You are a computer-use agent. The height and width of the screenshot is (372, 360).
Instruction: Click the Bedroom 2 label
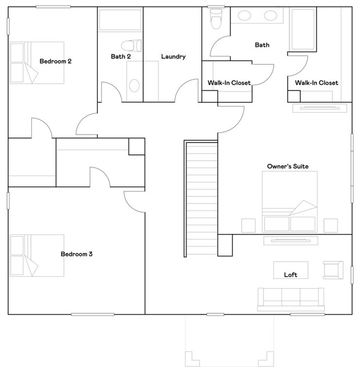[x=55, y=61]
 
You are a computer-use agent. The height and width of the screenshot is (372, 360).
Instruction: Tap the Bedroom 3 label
[x=77, y=254]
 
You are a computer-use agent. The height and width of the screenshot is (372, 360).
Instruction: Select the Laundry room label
[x=173, y=56]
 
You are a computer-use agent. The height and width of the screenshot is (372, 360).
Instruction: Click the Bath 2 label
[x=120, y=56]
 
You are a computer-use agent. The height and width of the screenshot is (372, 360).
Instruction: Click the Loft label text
[x=290, y=274]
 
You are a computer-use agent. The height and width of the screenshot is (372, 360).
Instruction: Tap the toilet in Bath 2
[x=131, y=45]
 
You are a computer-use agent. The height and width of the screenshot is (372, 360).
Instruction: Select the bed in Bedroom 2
[x=36, y=63]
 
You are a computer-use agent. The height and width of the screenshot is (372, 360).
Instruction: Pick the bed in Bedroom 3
[x=36, y=256]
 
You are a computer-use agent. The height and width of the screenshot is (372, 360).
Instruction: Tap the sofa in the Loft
[x=290, y=298]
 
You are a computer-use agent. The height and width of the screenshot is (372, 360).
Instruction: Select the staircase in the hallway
[x=201, y=198]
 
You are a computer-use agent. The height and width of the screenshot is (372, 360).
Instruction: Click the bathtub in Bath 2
[x=120, y=20]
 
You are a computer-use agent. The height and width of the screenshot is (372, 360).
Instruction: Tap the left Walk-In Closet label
[x=229, y=83]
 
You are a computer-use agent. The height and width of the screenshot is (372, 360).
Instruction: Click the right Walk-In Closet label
[x=316, y=83]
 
